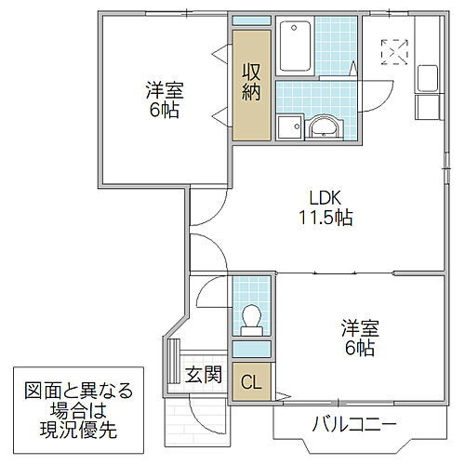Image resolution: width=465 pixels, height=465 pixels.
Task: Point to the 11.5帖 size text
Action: [325, 219]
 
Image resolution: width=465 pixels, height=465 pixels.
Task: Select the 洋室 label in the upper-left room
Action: [164, 91]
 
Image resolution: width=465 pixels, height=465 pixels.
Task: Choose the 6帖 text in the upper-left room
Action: [164, 111]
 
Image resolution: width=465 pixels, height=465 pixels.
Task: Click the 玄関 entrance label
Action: [202, 376]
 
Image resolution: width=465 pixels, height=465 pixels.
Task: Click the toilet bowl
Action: [249, 318]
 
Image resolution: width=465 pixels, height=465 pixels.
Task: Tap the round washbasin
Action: [324, 126]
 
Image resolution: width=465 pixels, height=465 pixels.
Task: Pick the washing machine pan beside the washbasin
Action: [288, 126]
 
